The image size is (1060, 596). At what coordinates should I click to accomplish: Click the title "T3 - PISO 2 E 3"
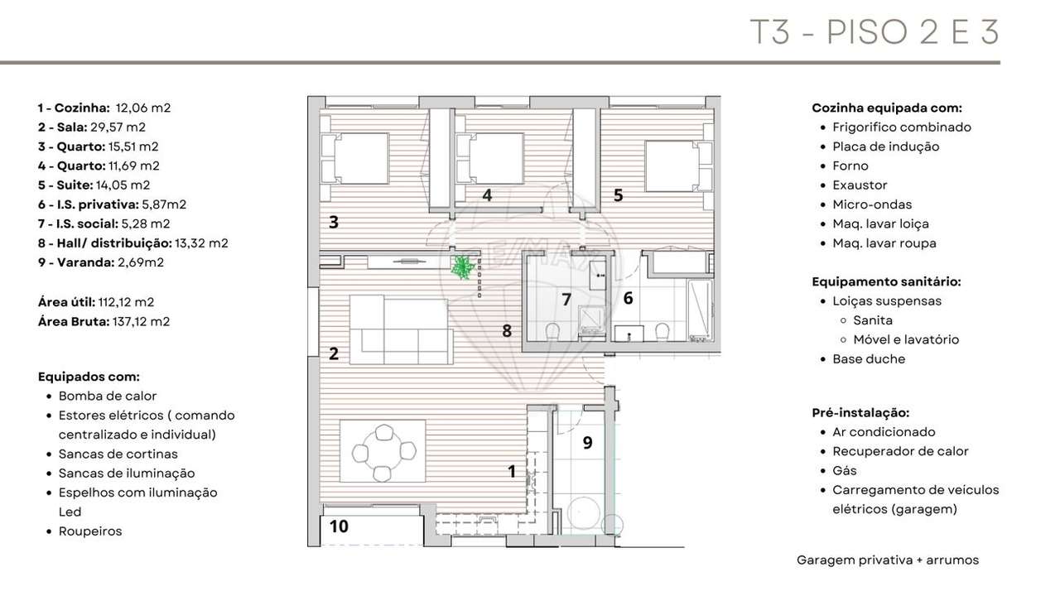pyautogui.click(x=874, y=32)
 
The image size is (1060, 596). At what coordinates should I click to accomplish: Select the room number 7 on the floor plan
pyautogui.click(x=566, y=300)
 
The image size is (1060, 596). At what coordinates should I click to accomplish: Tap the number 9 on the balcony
pyautogui.click(x=587, y=443)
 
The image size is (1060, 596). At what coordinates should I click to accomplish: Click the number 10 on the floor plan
pyautogui.click(x=339, y=526)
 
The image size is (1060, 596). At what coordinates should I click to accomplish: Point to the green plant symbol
pyautogui.click(x=461, y=267)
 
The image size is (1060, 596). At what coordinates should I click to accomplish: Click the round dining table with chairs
pyautogui.click(x=383, y=452)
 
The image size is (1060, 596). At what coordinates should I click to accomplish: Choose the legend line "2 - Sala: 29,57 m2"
pyautogui.click(x=91, y=127)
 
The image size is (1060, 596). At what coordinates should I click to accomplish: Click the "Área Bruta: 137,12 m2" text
pyautogui.click(x=104, y=321)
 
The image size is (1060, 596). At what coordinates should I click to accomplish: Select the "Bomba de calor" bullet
pyautogui.click(x=108, y=396)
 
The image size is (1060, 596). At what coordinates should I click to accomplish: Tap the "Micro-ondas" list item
pyautogui.click(x=872, y=204)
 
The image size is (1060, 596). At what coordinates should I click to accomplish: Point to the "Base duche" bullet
pyautogui.click(x=869, y=358)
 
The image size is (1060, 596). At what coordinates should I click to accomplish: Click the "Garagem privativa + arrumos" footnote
pyautogui.click(x=887, y=560)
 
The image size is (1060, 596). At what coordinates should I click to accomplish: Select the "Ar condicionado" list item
pyautogui.click(x=884, y=431)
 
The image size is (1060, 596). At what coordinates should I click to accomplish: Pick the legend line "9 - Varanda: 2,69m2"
pyautogui.click(x=101, y=262)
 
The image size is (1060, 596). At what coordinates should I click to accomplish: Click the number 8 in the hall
pyautogui.click(x=507, y=331)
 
